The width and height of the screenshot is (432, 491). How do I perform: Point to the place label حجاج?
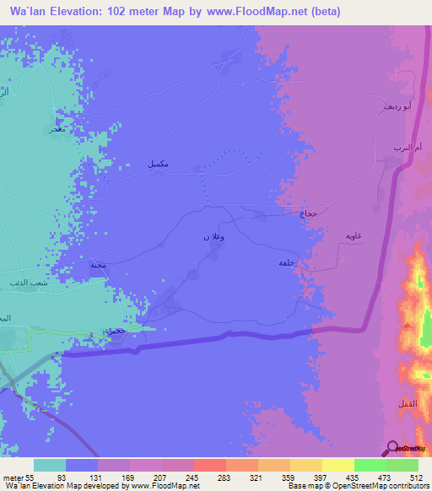[x=308, y=214]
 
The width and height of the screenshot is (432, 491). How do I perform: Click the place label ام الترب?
[x=402, y=148]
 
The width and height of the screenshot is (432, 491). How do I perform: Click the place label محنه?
[x=99, y=265]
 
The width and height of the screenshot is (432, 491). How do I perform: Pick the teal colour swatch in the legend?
[x=50, y=465]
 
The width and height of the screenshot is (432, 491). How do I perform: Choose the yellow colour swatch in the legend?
[x=338, y=465]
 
